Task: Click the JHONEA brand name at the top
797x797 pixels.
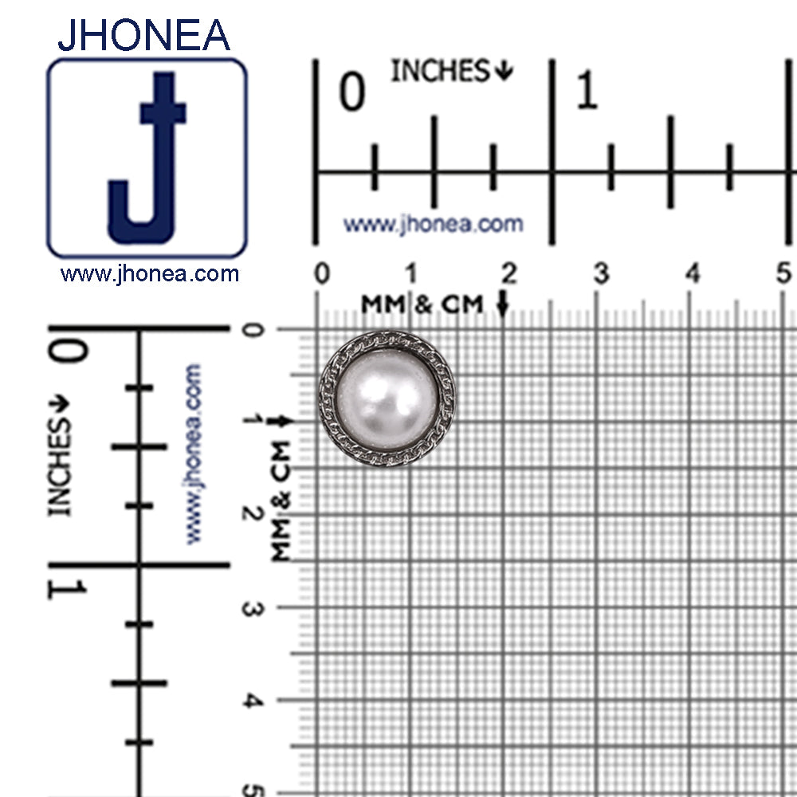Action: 143,35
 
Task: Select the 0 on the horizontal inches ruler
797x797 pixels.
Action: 352,91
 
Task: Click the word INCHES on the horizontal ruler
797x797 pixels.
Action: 440,70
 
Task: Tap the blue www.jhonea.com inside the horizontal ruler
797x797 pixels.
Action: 433,224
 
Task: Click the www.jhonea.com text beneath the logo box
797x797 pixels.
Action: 150,274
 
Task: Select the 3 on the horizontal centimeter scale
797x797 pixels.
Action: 601,273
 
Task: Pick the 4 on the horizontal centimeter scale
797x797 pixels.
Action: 693,273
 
